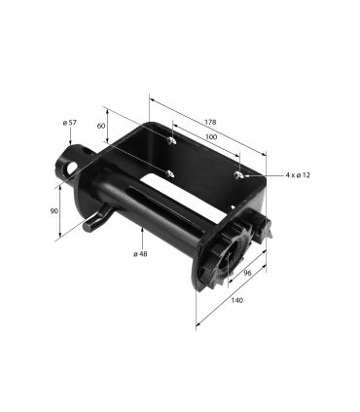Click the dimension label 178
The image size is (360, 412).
210,122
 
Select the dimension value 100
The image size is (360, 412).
211,138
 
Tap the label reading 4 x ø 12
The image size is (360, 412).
297,175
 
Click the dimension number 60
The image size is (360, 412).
100,126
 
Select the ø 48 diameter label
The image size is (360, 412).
140,254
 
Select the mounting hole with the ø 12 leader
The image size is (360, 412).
239,174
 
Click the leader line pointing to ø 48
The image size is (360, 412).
142,239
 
